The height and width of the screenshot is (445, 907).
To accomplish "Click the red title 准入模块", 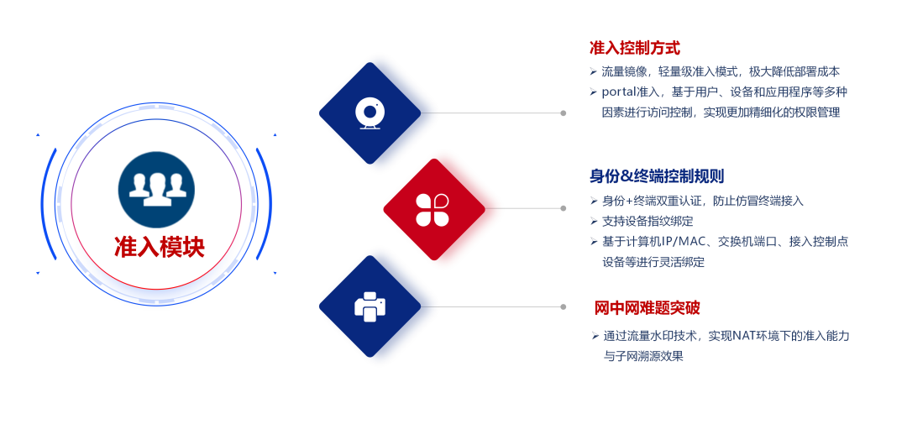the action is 159,247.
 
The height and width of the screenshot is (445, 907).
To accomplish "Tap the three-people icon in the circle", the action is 157,189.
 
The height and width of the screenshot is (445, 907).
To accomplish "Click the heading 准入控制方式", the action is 635,48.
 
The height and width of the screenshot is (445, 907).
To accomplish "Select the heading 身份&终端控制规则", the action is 657,176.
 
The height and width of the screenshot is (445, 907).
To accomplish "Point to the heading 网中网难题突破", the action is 647,308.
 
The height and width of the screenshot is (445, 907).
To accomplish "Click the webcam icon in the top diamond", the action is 370,113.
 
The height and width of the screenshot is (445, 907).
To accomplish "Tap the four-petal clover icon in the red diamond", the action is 433,209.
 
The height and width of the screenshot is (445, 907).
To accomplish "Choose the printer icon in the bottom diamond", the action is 370,306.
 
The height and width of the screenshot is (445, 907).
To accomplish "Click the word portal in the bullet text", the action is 618,92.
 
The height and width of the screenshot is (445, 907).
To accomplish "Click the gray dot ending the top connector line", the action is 564,113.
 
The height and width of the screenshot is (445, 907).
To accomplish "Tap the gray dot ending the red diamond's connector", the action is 564,208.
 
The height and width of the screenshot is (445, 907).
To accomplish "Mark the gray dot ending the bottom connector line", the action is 564,306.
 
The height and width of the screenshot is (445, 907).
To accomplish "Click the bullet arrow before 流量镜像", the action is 593,71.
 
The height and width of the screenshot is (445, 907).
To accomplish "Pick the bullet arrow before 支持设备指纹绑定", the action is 594,221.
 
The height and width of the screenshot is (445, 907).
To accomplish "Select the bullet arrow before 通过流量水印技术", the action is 595,336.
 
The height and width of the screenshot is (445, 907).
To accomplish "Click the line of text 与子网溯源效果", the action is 643,356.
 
